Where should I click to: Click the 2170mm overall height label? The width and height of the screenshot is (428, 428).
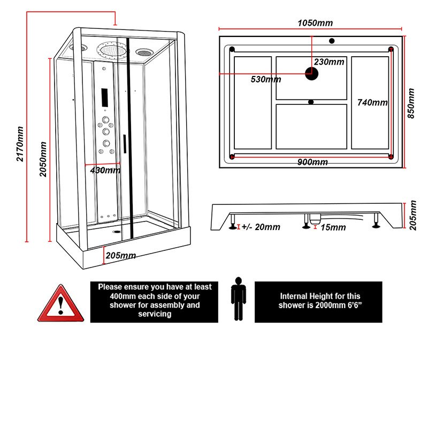20,144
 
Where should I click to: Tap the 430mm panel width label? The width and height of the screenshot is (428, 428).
105,170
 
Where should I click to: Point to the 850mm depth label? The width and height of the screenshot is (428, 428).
411,104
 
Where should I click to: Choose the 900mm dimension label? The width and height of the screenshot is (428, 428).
312,162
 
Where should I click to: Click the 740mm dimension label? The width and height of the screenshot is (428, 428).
372,102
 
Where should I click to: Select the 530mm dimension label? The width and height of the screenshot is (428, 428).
266,80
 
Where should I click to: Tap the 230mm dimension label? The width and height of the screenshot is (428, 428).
329,62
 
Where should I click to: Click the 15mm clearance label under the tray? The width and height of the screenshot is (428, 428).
332,227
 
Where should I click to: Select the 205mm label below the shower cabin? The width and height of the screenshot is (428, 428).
120,255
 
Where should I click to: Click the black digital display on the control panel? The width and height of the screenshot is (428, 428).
105,97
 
